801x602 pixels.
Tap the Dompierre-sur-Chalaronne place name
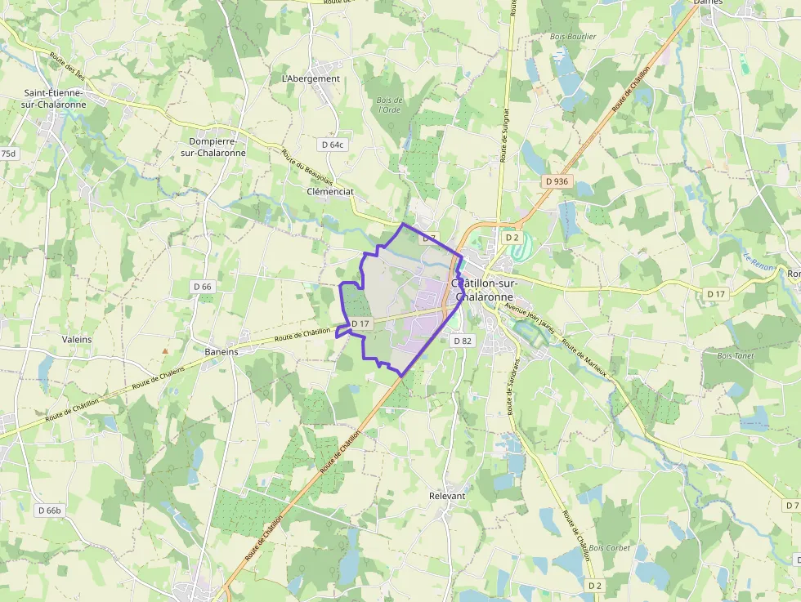(213, 147)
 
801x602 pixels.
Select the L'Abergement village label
(311, 78)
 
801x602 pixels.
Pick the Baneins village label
(222, 351)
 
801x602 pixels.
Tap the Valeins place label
(77, 339)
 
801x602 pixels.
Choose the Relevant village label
(447, 496)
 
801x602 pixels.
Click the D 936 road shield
(556, 181)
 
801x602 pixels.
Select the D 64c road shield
(333, 145)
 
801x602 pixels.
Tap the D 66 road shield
(203, 286)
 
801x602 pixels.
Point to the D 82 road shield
(462, 341)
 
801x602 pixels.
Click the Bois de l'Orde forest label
(388, 105)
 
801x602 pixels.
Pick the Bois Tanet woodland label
(734, 356)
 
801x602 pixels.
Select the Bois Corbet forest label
(610, 547)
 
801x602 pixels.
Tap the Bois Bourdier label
(573, 37)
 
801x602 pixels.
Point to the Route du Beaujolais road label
(306, 168)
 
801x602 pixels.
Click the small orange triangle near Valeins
(165, 351)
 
